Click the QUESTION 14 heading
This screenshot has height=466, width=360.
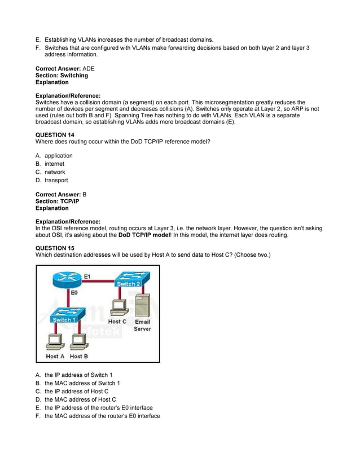click(55, 135)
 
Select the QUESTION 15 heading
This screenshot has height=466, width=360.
click(55, 247)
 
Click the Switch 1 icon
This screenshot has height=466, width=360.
click(66, 316)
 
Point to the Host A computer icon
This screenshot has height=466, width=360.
click(55, 342)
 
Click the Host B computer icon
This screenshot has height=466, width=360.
click(78, 342)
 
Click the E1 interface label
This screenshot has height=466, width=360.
click(87, 276)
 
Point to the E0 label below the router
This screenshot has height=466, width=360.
click(74, 294)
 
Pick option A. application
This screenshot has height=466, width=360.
click(58, 156)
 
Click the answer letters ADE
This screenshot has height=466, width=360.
click(89, 68)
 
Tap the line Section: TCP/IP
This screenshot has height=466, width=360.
click(57, 201)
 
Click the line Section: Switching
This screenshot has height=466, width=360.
click(62, 76)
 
